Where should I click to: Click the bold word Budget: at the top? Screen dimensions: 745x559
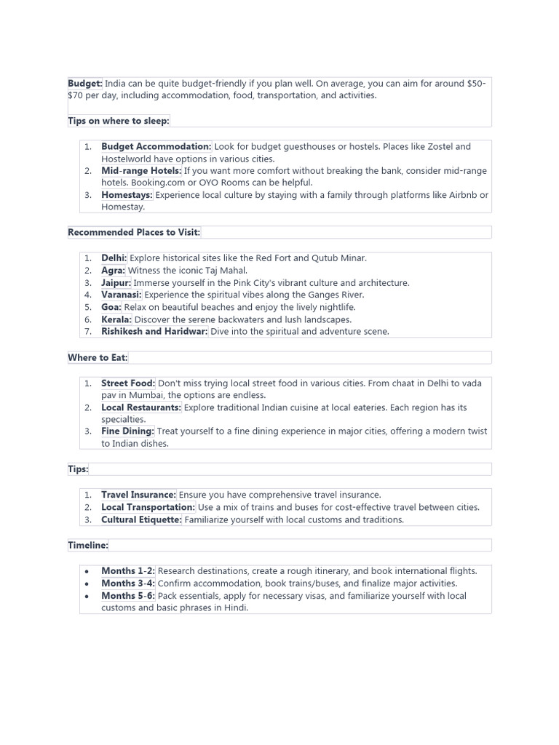[85, 84]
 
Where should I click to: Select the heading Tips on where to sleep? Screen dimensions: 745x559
[119, 121]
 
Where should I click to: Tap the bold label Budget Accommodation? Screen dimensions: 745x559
[156, 147]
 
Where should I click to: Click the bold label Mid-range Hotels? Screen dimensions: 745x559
[141, 171]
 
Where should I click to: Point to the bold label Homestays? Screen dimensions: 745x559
[127, 195]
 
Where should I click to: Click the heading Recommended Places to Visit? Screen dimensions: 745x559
[134, 232]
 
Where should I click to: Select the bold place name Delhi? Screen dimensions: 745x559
[114, 258]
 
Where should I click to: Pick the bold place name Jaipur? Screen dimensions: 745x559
[116, 283]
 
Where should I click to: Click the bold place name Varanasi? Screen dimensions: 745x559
[122, 295]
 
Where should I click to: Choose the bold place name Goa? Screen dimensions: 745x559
[111, 307]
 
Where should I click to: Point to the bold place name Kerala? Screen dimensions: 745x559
[116, 319]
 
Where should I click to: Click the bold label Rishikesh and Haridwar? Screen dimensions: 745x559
[154, 332]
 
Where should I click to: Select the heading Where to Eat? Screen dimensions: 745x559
[98, 357]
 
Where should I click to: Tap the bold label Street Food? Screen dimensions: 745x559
[128, 383]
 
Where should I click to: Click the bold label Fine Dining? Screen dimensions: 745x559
[127, 431]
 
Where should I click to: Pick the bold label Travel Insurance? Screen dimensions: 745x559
[138, 495]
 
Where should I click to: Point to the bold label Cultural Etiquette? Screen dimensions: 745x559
[141, 519]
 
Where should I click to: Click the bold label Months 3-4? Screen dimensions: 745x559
[128, 583]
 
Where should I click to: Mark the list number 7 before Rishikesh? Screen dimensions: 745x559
[87, 332]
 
